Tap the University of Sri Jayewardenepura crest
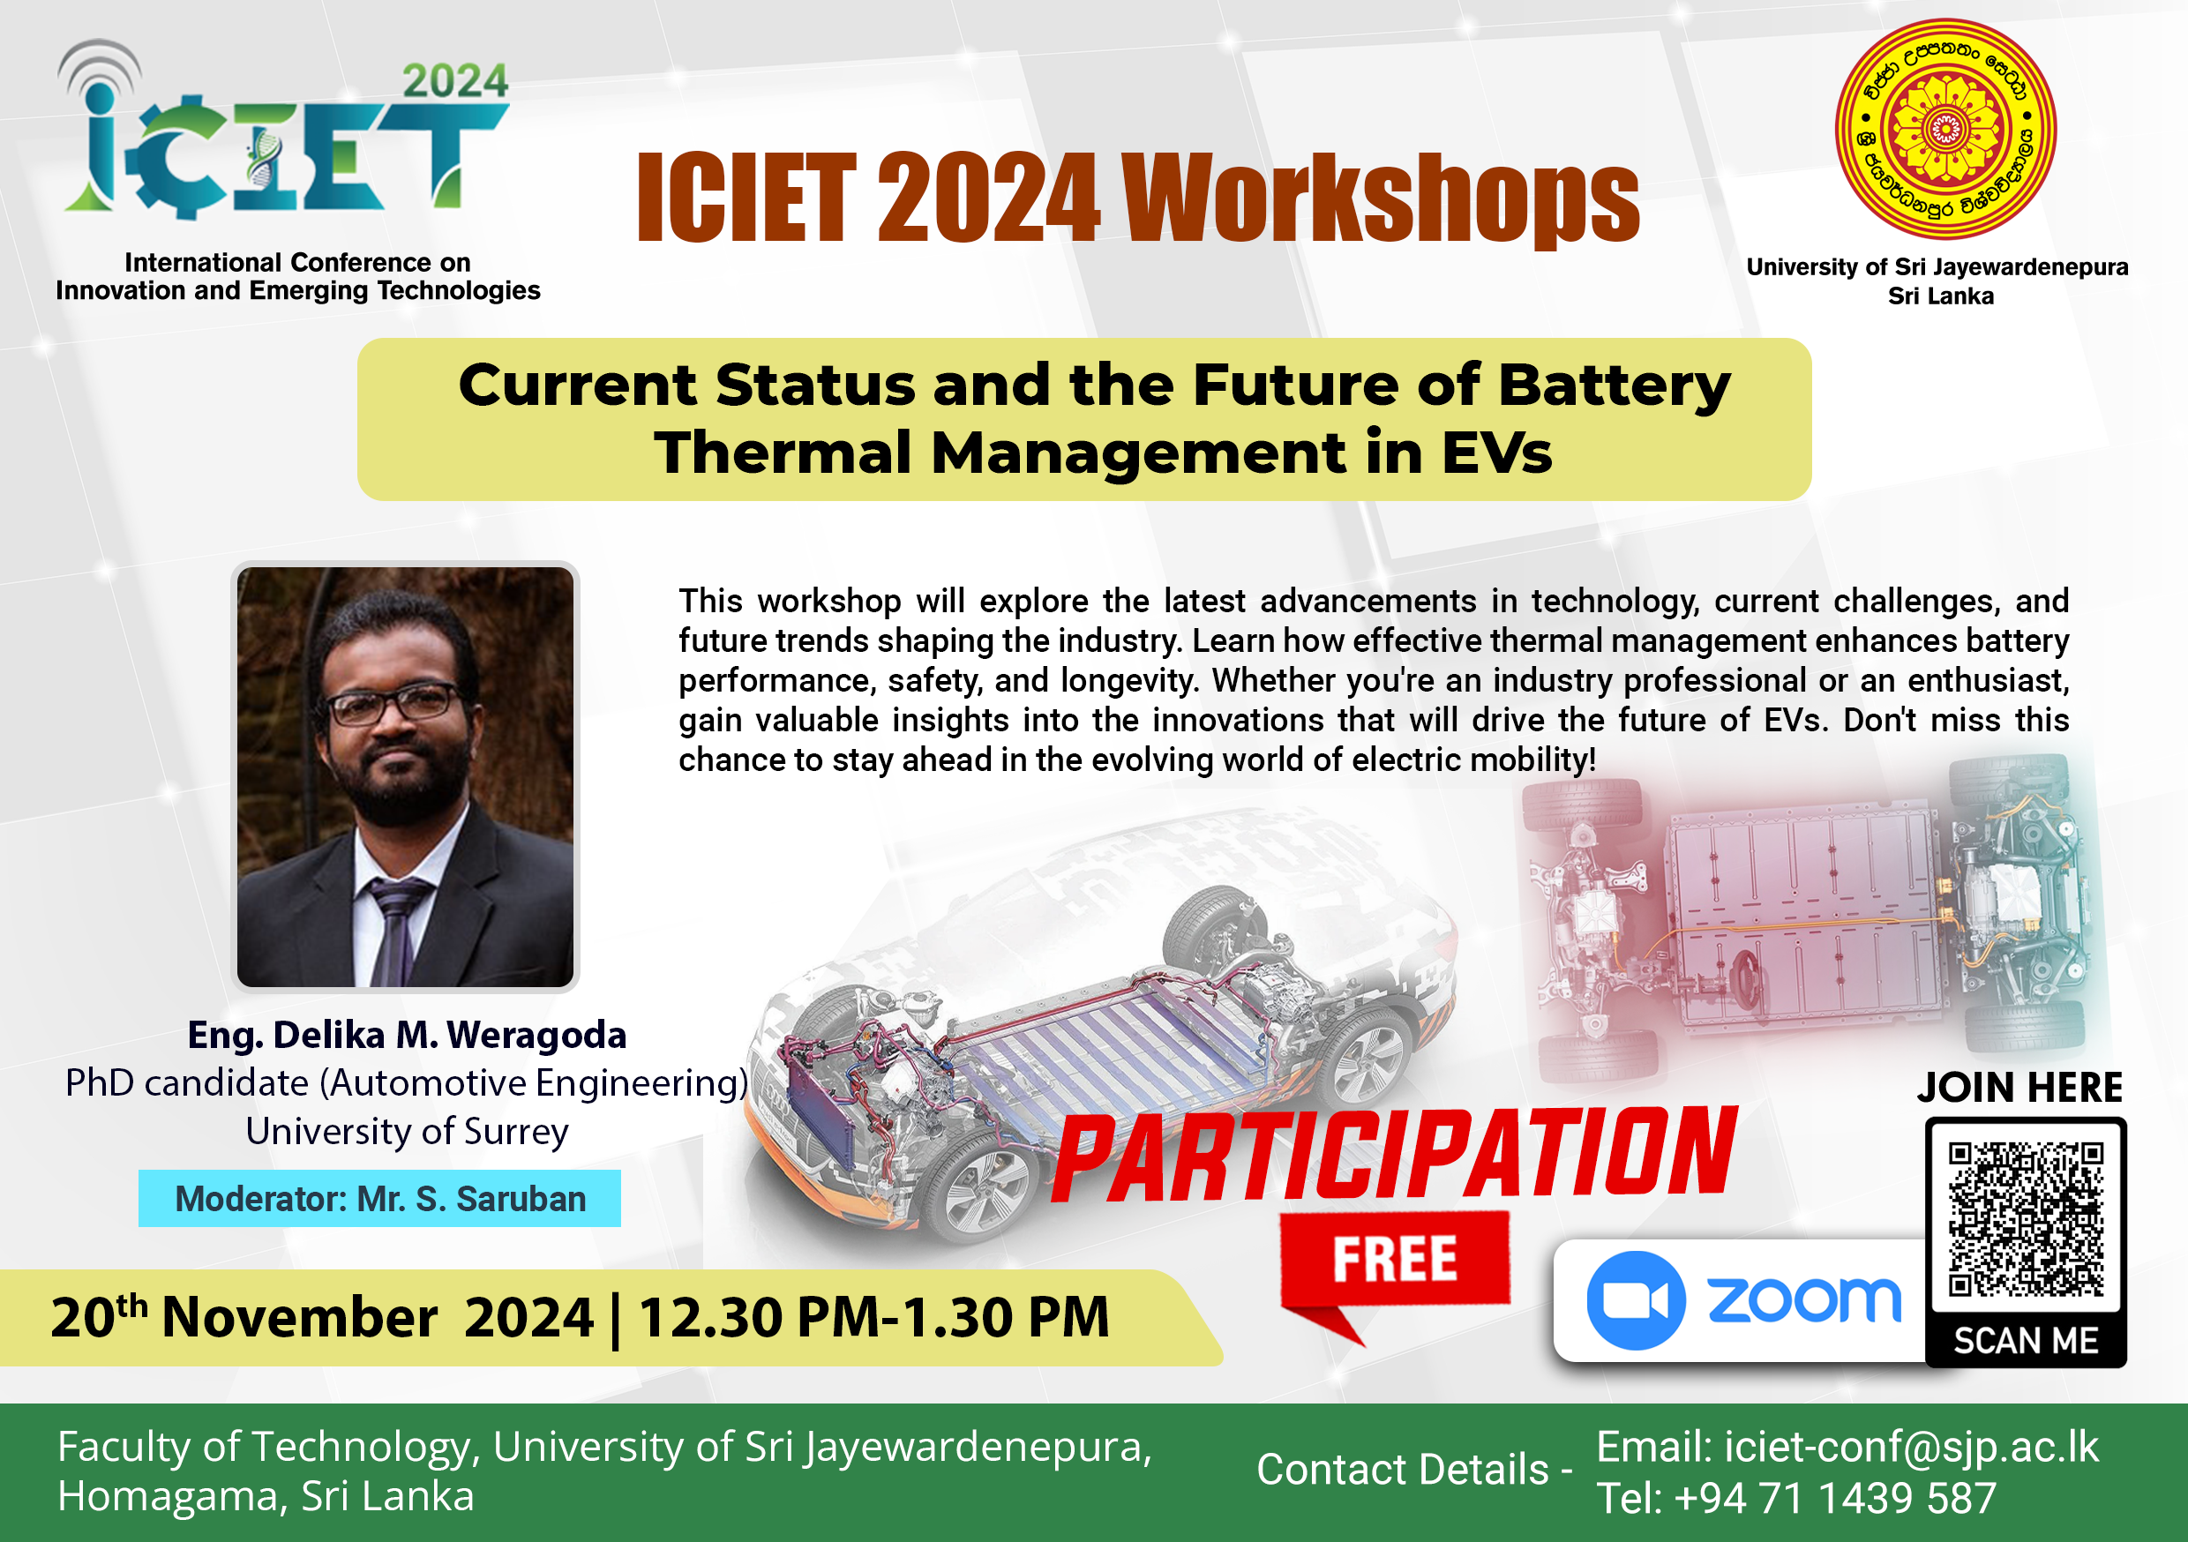coord(1945,130)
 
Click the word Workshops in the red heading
coord(1380,198)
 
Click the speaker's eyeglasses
coord(393,705)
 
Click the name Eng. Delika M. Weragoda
coord(407,1035)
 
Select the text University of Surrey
coord(407,1131)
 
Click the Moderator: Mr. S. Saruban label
coord(379,1198)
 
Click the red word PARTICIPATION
coord(1395,1155)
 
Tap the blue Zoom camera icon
coord(1636,1300)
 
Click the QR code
coord(2026,1221)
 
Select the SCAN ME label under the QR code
coord(2026,1341)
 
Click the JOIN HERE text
coord(2020,1088)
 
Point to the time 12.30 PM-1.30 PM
coord(873,1318)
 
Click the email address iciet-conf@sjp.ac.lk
coord(1912,1446)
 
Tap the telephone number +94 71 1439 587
coord(1834,1498)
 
